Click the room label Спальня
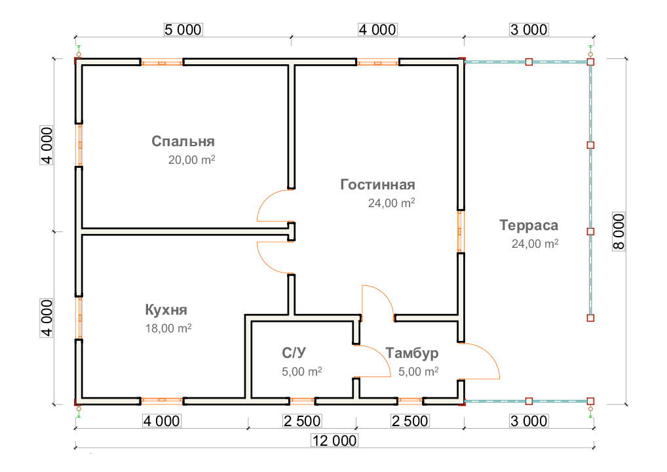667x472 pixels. coord(183,142)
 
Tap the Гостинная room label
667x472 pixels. coord(377,184)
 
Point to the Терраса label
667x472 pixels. coord(528,226)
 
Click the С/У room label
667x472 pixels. coord(294,353)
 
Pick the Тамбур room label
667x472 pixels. coord(412,353)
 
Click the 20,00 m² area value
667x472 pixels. coord(193,161)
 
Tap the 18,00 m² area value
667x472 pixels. coord(168,329)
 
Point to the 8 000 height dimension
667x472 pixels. coord(619,231)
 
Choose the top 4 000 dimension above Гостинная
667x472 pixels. coord(377,29)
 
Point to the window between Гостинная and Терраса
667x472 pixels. coord(461,231)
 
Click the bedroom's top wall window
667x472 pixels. coord(162,63)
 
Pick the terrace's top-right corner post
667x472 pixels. coord(590,62)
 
